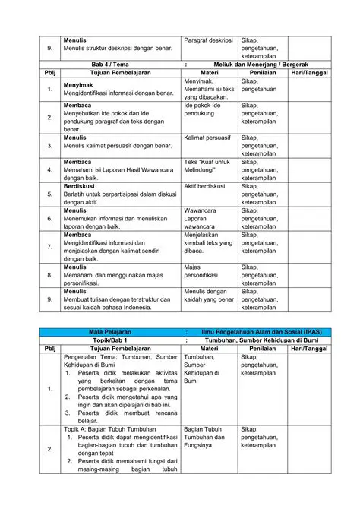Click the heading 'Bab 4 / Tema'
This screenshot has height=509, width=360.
pos(110,65)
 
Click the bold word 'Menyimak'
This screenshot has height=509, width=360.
pos(78,85)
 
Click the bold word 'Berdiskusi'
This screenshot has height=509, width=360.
pos(80,186)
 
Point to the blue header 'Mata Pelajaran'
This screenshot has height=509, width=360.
pos(110,332)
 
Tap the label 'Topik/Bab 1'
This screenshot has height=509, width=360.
pos(110,340)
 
